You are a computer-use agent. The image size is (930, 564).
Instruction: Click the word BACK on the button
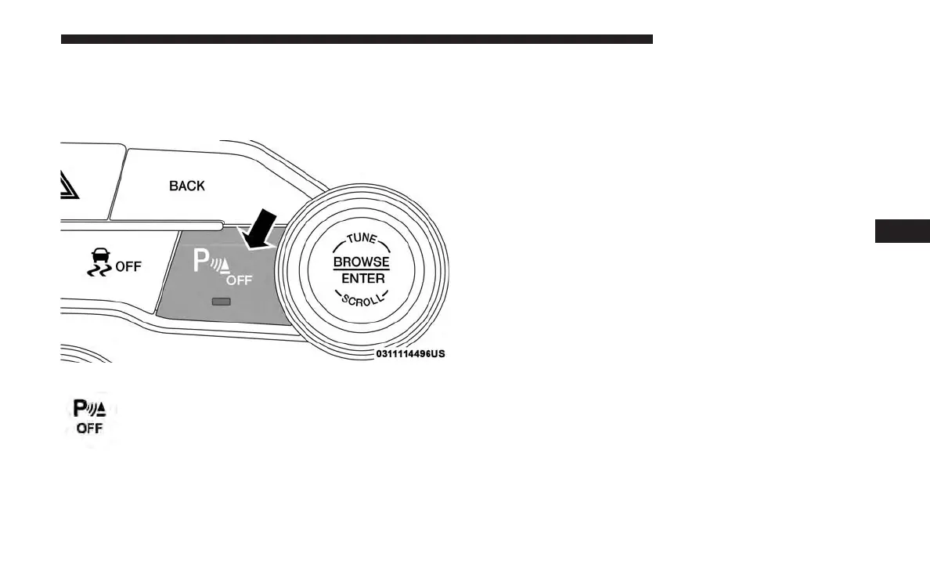point(187,186)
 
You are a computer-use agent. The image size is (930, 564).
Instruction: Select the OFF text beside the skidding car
point(128,266)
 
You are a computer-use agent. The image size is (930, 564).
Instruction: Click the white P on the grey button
point(200,262)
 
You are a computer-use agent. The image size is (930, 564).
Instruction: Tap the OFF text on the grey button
point(240,280)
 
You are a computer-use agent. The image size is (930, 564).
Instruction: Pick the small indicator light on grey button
point(222,302)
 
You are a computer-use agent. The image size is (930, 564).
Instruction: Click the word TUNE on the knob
point(361,239)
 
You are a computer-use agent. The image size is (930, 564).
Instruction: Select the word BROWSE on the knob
point(361,262)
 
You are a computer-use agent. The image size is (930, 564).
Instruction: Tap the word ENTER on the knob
point(362,278)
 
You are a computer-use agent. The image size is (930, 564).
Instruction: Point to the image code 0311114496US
point(410,354)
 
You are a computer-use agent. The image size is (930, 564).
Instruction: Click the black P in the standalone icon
point(80,409)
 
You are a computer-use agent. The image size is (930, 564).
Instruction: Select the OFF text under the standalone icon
point(89,428)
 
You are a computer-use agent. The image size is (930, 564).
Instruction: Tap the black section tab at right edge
point(901,232)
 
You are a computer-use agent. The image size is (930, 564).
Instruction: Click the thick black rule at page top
point(356,38)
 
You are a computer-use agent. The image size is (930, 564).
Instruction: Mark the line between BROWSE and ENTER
point(361,270)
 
